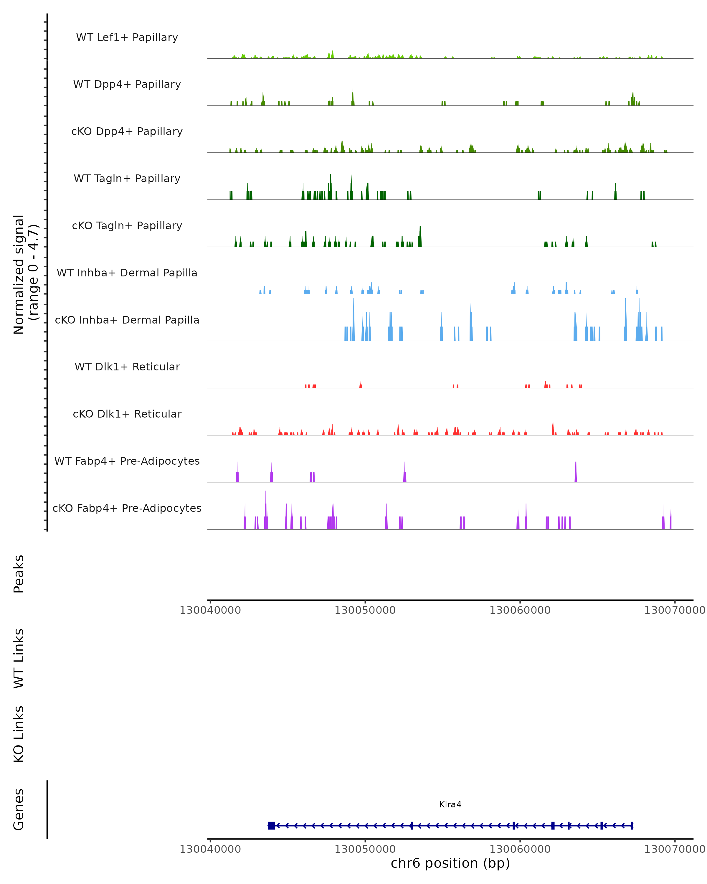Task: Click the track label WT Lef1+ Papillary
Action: coord(127,37)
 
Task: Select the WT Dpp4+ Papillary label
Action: coord(127,85)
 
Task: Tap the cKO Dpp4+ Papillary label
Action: coord(127,132)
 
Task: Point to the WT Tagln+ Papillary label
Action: coord(127,179)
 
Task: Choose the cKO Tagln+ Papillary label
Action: coord(127,226)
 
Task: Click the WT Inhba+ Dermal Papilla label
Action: coord(127,273)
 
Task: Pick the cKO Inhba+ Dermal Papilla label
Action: coord(127,320)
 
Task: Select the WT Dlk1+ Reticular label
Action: coord(127,367)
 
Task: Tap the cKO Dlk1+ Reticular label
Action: coord(127,414)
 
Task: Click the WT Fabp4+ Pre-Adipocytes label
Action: coord(127,461)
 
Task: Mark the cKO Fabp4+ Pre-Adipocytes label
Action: coord(127,508)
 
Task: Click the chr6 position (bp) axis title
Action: coord(450,863)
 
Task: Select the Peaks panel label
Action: coord(19,574)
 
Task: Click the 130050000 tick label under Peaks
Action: coord(365,610)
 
